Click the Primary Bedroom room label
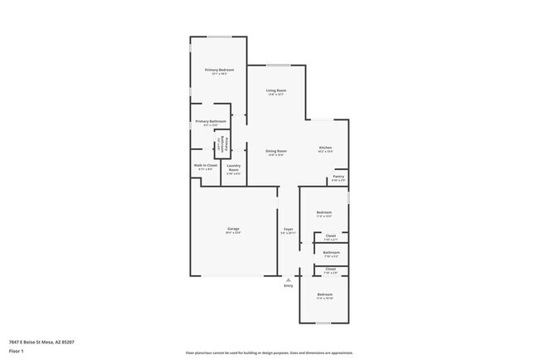tap(220, 70)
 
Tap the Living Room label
tap(276, 90)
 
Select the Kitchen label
tap(325, 148)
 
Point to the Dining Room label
tap(276, 151)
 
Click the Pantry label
tap(338, 177)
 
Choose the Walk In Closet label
tap(206, 165)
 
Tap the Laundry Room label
tap(233, 169)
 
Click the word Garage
tap(233, 228)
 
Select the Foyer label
tap(288, 229)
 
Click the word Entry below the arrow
tap(289, 285)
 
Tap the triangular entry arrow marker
tap(289, 280)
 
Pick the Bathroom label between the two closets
tap(331, 252)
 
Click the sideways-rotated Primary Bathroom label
tap(220, 147)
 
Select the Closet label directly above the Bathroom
tap(331, 236)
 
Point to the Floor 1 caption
tap(17, 350)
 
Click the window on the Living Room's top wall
tap(278, 66)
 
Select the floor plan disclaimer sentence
tap(269, 353)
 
